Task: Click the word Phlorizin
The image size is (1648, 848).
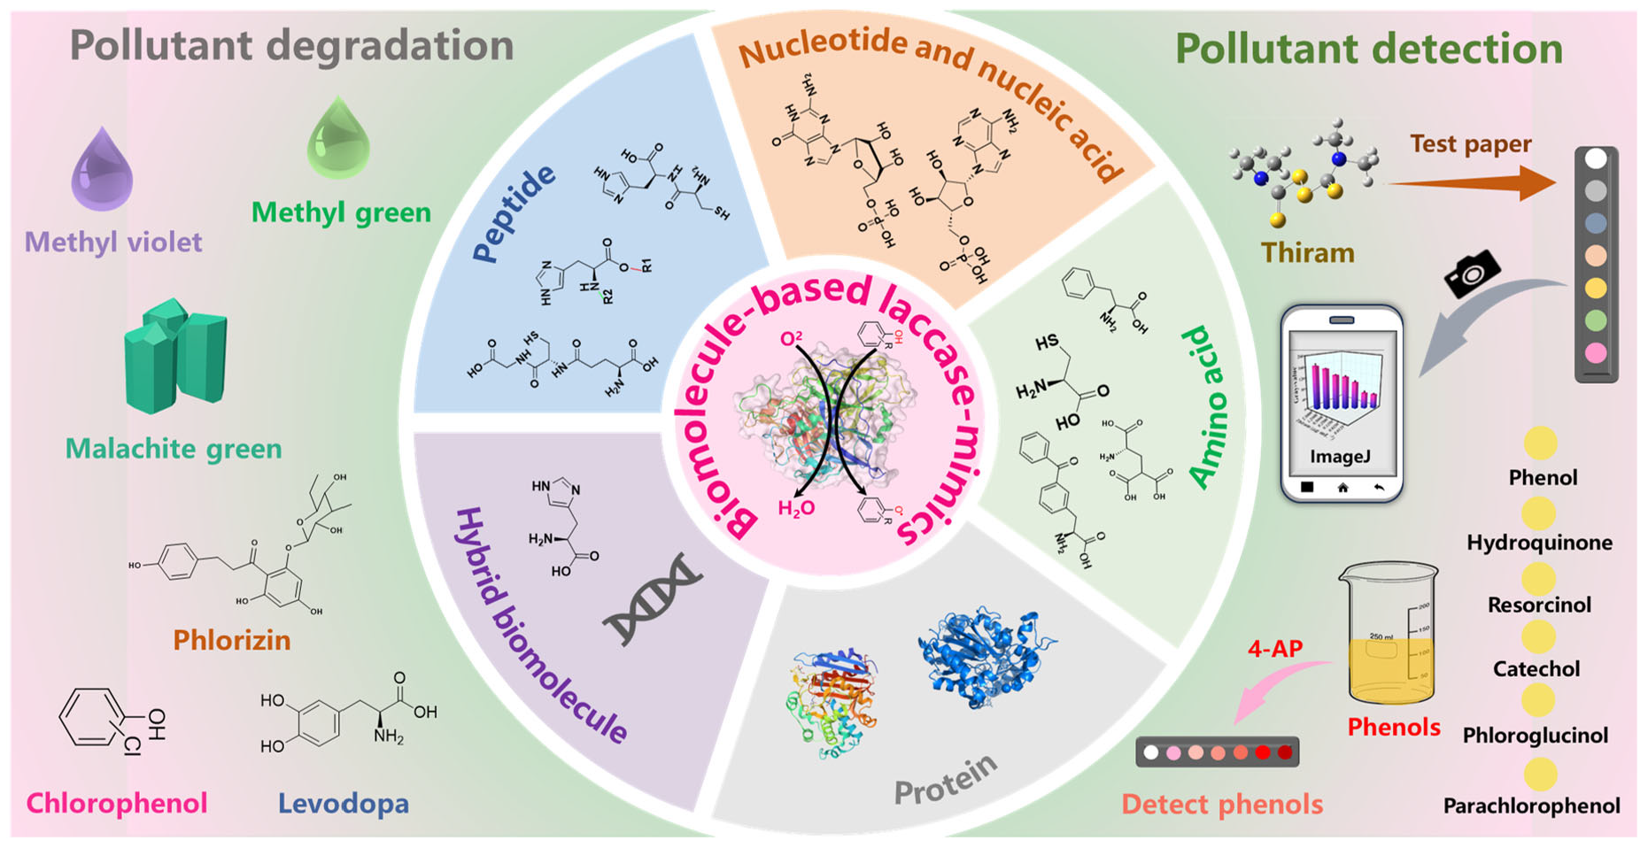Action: tap(231, 639)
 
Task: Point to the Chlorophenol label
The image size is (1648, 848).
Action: tap(116, 803)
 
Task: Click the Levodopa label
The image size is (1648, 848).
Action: tap(343, 803)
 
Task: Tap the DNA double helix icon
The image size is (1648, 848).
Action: tap(652, 599)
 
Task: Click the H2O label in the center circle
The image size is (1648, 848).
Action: tap(795, 508)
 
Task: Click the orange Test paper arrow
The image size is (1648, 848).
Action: tap(1470, 182)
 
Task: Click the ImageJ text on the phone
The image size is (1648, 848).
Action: tap(1340, 456)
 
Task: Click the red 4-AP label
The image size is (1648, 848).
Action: tap(1274, 648)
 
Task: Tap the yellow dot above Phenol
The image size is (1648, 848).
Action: tap(1540, 443)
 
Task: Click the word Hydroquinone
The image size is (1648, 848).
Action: tap(1539, 542)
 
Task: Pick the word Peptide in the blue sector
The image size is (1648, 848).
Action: tap(513, 213)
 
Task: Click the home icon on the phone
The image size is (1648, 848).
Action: tap(1342, 488)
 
